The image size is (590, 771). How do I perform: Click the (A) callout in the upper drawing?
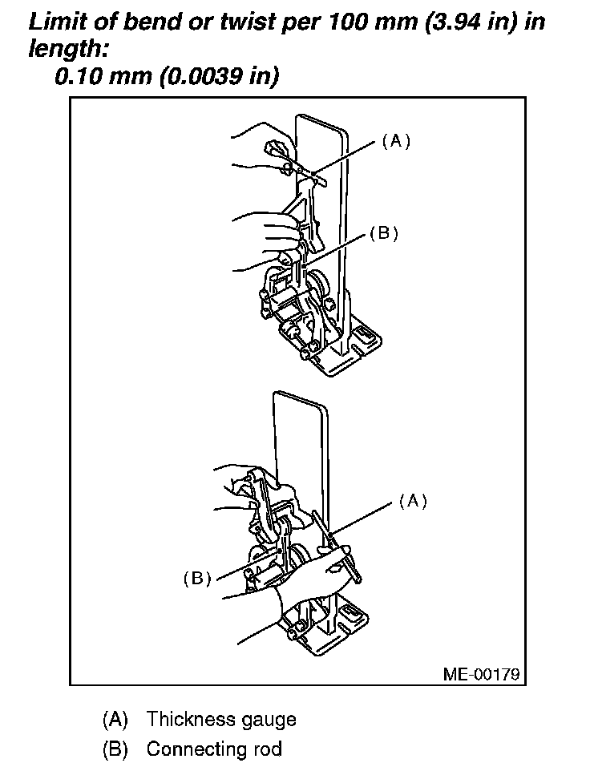pyautogui.click(x=395, y=141)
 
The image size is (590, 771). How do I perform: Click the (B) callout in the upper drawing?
pyautogui.click(x=383, y=234)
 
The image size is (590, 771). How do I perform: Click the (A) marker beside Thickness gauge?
pyautogui.click(x=115, y=719)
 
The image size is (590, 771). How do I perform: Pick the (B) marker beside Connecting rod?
pyautogui.click(x=115, y=749)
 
